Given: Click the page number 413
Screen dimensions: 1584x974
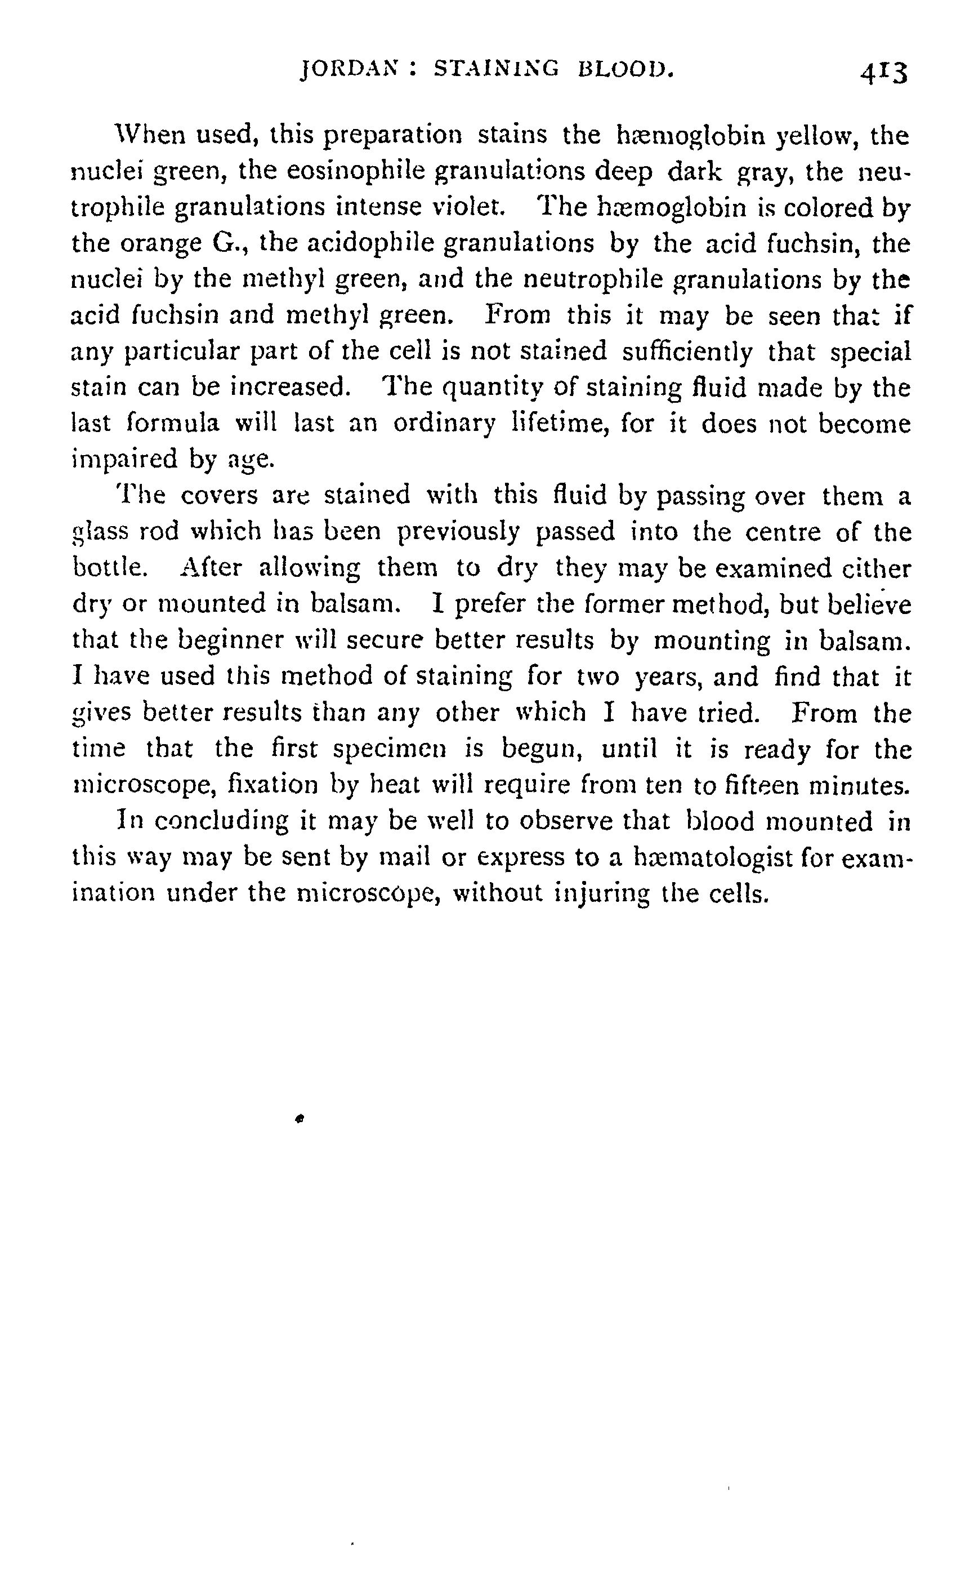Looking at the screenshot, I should [883, 73].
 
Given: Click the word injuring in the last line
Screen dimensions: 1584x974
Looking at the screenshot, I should [602, 895].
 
